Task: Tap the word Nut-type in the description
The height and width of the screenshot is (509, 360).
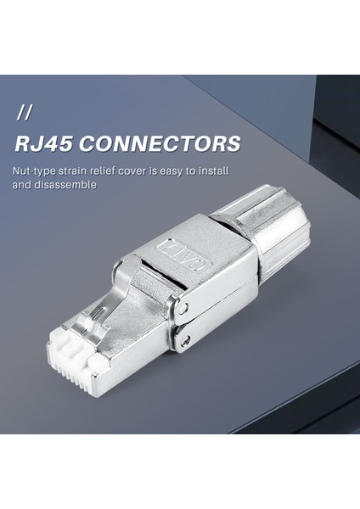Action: pos(35,171)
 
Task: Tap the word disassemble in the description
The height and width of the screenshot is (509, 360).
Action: pos(67,184)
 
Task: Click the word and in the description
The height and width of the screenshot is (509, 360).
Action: pos(22,184)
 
